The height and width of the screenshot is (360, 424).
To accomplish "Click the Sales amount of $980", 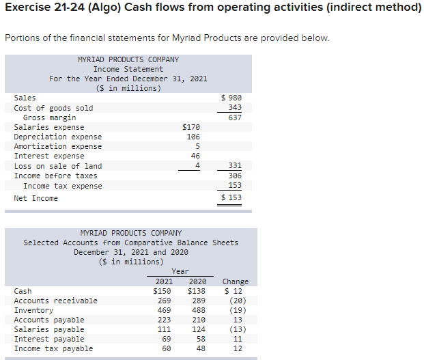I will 233,98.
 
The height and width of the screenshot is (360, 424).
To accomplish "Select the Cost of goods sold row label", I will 53,108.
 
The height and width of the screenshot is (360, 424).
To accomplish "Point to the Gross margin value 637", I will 235,117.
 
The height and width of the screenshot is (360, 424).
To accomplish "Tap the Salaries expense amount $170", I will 191,127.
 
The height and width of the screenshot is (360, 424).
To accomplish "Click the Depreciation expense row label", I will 57,137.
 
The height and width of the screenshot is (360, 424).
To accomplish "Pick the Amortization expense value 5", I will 197,146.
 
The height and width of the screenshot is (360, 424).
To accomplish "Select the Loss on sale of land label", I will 57,166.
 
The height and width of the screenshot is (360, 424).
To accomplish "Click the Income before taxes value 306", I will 235,176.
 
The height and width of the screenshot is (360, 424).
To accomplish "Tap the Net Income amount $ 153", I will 232,198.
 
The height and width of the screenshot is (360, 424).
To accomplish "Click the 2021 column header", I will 164,281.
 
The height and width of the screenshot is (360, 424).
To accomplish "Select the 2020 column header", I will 197,281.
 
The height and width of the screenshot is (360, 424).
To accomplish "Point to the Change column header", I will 236,281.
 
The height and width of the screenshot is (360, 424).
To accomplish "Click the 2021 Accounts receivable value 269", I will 164,301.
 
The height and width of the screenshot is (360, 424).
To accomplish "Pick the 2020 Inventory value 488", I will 197,310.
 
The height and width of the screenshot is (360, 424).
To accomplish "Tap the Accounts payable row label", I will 48,320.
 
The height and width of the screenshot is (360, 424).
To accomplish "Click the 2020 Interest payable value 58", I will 197,339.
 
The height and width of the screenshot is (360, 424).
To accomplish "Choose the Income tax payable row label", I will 53,348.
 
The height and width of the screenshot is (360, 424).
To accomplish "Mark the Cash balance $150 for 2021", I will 162,291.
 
